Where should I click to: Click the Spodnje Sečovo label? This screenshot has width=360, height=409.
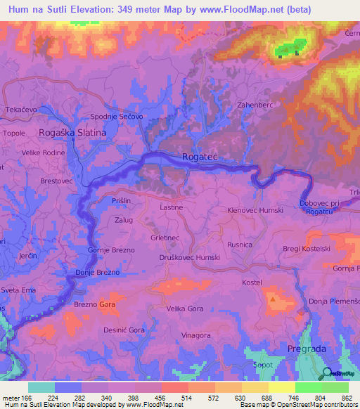pos(117,116)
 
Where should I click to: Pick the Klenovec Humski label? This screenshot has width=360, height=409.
pos(255,210)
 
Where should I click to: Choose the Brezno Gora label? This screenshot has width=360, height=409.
pos(95,304)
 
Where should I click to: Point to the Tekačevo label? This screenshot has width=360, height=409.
pos(21,111)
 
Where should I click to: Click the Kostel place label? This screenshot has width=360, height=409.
pos(251,282)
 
